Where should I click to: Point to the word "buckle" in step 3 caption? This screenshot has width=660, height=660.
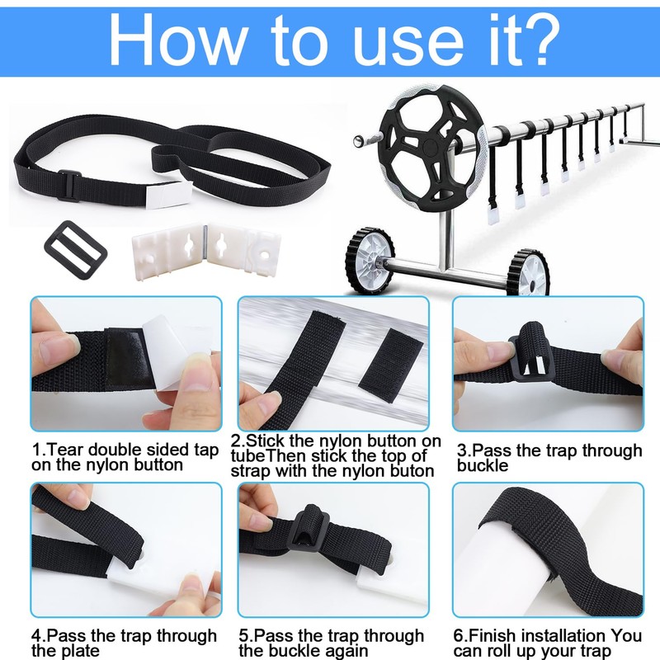click(483, 465)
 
